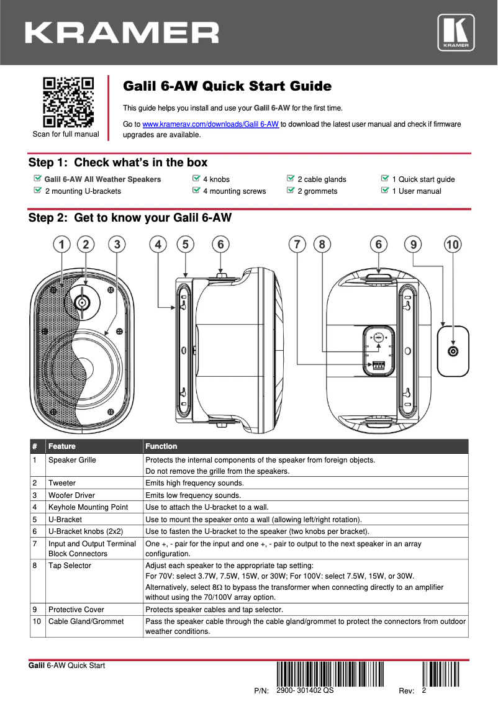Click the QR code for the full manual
(67, 102)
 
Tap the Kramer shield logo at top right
(456, 33)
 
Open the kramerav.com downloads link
(211, 124)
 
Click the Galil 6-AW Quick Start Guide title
(227, 86)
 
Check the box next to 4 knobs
(197, 179)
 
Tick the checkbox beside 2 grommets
(291, 191)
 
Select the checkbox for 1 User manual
(385, 191)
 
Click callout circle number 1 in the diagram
(60, 245)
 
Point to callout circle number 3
(117, 245)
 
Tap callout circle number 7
(298, 245)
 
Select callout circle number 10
(453, 245)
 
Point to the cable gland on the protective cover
(454, 352)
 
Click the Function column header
(161, 446)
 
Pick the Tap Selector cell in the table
(70, 566)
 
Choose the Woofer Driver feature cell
(71, 495)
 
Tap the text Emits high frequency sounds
(194, 483)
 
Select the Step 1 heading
(118, 163)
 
